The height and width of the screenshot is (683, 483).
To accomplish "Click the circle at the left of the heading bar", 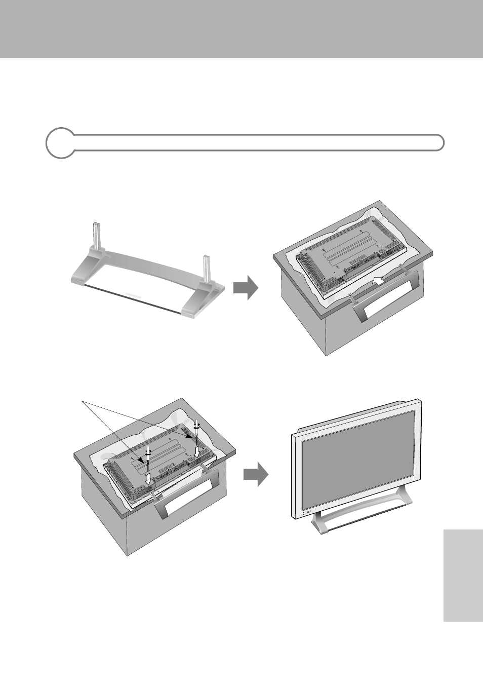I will pos(60,143).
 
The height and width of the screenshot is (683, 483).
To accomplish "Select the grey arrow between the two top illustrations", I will pos(246,288).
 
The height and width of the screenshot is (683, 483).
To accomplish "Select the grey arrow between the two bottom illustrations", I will pos(256,474).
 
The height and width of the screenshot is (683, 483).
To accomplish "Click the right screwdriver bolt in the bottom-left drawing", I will pos(197,425).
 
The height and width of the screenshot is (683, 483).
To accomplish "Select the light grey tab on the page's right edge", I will pos(463,576).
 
